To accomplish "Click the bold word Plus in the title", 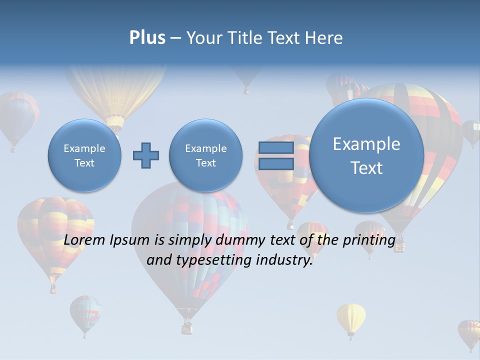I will (147, 38).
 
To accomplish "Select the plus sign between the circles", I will (146, 155).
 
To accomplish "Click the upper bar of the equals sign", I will (276, 147).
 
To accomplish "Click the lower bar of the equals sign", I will (276, 164).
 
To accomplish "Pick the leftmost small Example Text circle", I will (84, 155).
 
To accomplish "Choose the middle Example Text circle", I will (205, 155).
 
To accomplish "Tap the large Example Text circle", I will (366, 155).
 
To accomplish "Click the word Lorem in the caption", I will (85, 240).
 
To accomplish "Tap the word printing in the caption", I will (369, 240).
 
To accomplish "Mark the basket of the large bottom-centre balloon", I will (187, 327).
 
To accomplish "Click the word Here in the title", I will (325, 38).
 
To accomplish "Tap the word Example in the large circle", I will (366, 144).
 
